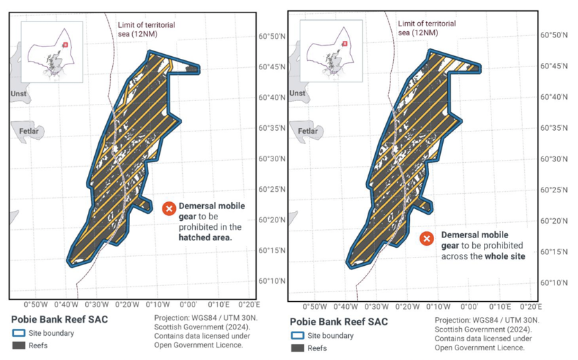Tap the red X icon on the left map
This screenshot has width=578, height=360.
pos(169,208)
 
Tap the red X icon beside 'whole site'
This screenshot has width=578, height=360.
pos(427,239)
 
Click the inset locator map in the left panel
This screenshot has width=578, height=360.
pos(52,52)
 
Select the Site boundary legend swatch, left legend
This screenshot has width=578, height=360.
pos(19,333)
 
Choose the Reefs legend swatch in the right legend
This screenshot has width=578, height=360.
pos(297,348)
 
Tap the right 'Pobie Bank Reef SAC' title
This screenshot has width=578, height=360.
pos(338,322)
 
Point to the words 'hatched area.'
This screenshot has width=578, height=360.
pos(205,237)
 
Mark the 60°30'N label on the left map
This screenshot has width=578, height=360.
pos(271,159)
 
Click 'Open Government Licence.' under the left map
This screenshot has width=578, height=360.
pos(198,345)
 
